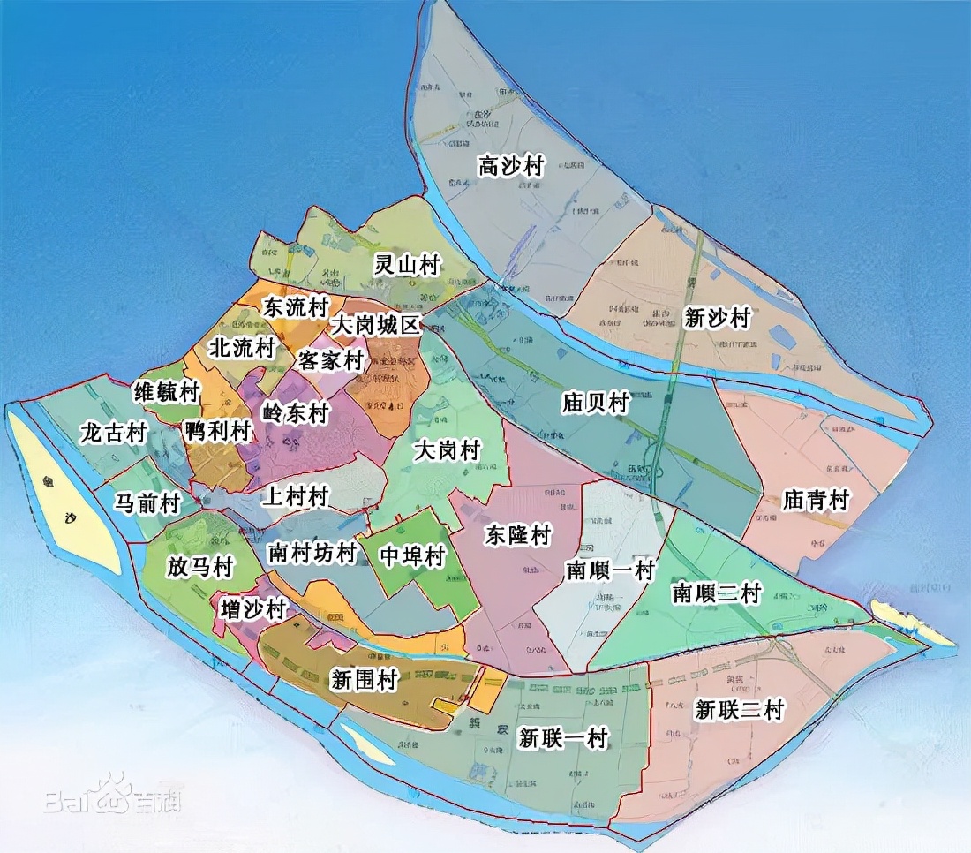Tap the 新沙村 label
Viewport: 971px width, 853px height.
717,318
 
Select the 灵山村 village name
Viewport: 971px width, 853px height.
407,264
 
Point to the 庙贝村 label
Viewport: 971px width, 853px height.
595,404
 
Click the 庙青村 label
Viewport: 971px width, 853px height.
815,501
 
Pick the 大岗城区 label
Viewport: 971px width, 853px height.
374,325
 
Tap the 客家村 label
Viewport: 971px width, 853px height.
331,360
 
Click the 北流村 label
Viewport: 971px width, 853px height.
241,348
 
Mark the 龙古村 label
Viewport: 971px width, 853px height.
112,434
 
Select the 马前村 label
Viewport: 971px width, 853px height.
147,503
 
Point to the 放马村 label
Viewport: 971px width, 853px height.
199,566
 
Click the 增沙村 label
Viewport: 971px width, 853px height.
254,608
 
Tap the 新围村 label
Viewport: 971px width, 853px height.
364,680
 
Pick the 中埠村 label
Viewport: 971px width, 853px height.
410,556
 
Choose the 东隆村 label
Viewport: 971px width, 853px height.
518,535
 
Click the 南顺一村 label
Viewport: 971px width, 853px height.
609,570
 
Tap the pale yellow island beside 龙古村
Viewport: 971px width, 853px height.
62,494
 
